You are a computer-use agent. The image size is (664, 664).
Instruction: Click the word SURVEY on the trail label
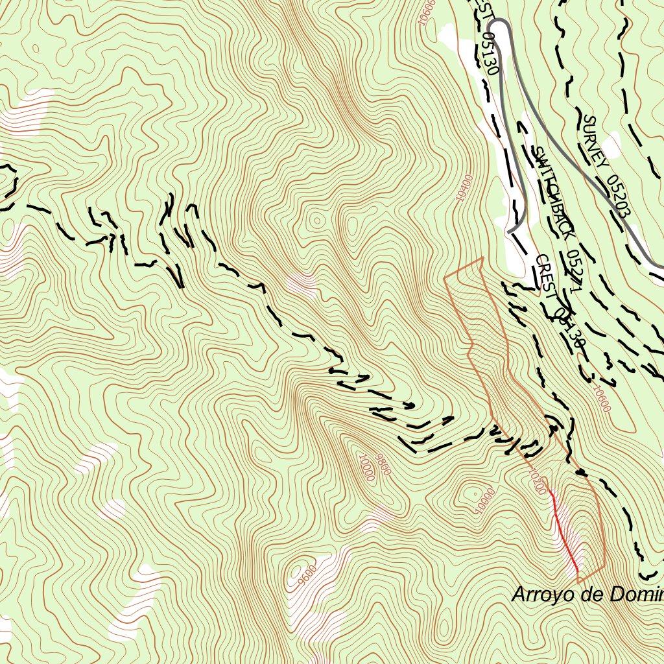(x=595, y=141)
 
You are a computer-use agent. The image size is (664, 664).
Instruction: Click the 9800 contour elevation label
(x=383, y=464)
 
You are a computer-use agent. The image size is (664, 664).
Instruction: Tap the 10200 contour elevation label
(x=538, y=480)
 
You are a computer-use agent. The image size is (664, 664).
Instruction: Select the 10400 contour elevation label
(x=464, y=188)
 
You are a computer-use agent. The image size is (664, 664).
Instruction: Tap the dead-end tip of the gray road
(x=510, y=231)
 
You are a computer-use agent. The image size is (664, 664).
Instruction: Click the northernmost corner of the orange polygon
(x=482, y=258)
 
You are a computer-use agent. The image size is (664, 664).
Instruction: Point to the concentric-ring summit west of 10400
(x=317, y=220)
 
